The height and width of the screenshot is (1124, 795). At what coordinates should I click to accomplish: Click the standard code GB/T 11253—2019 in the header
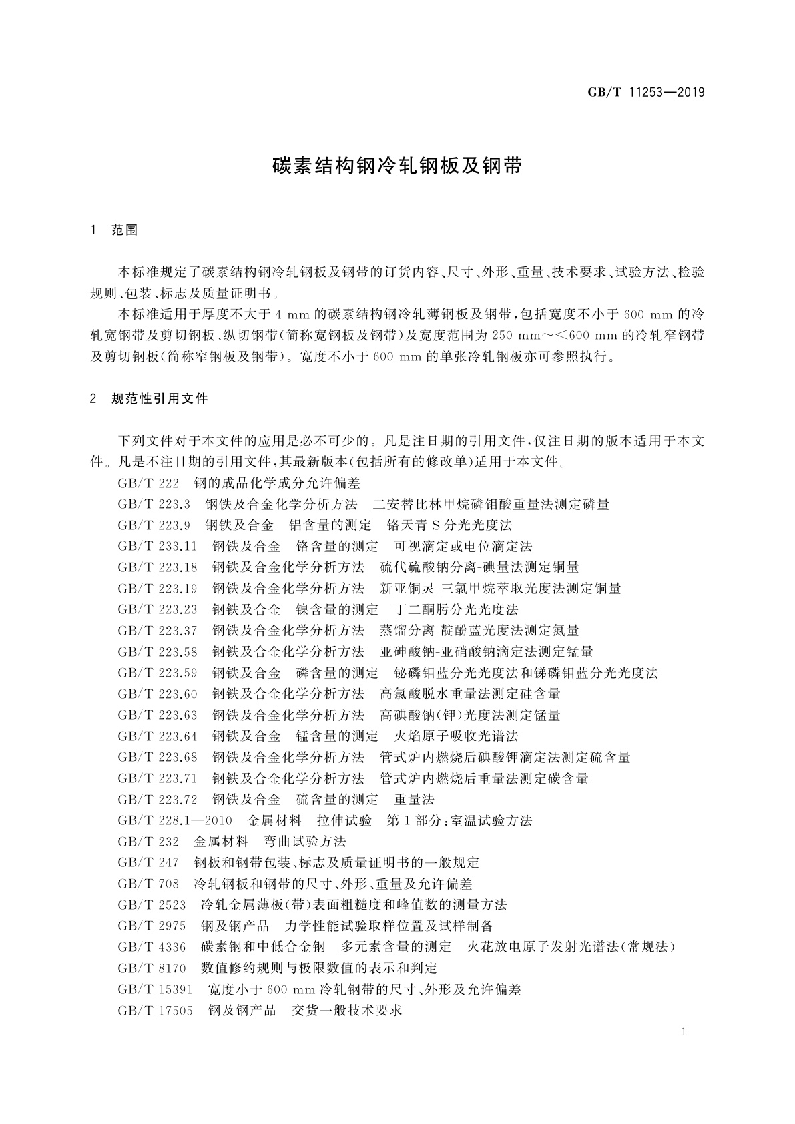[645, 93]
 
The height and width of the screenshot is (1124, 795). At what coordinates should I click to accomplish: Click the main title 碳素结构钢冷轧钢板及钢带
[397, 166]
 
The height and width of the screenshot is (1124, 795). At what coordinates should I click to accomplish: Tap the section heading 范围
[124, 230]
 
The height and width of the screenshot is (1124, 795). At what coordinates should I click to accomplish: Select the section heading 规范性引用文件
[160, 399]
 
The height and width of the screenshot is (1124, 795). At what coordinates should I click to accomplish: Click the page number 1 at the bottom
[684, 1032]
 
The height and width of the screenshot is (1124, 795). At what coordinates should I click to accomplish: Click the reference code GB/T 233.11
[158, 547]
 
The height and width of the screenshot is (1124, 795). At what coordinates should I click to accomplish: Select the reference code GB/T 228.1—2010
[175, 820]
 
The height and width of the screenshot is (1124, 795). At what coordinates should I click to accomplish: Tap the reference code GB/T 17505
[155, 1010]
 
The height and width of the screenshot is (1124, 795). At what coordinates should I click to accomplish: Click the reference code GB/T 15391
[155, 989]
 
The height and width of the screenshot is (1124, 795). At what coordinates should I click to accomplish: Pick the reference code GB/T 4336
[152, 947]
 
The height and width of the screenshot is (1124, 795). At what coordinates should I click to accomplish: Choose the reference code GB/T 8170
[152, 968]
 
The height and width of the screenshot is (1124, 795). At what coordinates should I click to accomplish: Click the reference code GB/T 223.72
[158, 799]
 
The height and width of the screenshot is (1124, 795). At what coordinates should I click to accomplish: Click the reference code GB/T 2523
[152, 905]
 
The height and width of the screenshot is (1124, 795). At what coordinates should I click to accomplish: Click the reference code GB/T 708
[148, 884]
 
